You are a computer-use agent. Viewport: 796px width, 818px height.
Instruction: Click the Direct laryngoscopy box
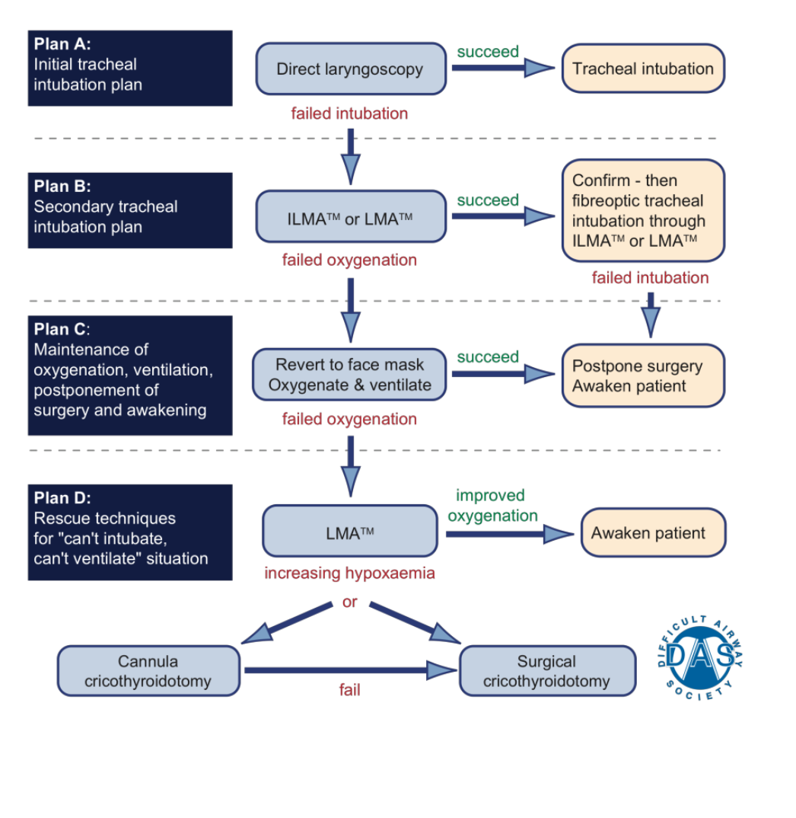coord(350,69)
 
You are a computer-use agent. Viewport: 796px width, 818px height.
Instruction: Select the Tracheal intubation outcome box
coord(643,69)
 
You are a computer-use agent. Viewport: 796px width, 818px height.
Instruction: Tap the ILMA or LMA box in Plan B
coord(350,217)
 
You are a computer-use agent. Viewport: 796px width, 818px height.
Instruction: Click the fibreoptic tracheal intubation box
coord(643,211)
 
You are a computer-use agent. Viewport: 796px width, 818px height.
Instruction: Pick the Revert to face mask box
coord(350,375)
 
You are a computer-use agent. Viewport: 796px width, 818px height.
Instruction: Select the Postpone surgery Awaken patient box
coord(643,375)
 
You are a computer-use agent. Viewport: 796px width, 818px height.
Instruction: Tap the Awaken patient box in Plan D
coord(653,533)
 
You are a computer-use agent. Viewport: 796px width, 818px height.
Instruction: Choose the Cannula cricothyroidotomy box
coord(148,671)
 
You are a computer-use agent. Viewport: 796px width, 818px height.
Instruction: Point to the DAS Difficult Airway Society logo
coord(699,653)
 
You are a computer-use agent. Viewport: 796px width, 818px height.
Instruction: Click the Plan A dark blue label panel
coord(130,69)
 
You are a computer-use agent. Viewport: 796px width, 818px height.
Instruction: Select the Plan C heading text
coord(62,330)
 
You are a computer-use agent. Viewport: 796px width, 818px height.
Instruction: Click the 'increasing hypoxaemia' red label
coord(349,573)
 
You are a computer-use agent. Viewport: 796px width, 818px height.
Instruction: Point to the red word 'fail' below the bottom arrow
coord(349,691)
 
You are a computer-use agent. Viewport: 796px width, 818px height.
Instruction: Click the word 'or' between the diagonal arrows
coord(349,602)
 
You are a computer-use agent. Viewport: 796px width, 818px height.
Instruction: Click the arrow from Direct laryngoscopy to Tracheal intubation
coord(503,69)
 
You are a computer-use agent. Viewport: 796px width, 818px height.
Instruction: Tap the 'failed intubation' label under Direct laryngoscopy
coord(349,113)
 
